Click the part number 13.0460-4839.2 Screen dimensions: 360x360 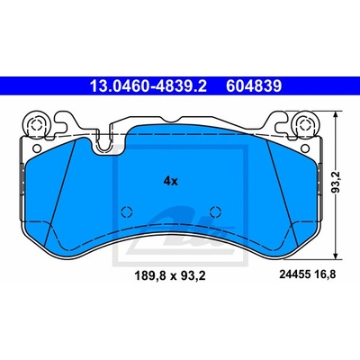tap(148, 86)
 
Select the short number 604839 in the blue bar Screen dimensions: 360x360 tap(254, 86)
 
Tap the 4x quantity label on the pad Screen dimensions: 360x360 tap(171, 181)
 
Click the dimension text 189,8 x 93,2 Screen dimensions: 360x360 tap(170, 275)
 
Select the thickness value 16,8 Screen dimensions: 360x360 tap(326, 274)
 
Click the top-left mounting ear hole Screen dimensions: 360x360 tap(36, 124)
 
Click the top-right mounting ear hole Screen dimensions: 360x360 tap(304, 124)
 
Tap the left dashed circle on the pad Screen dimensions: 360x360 tap(127, 212)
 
